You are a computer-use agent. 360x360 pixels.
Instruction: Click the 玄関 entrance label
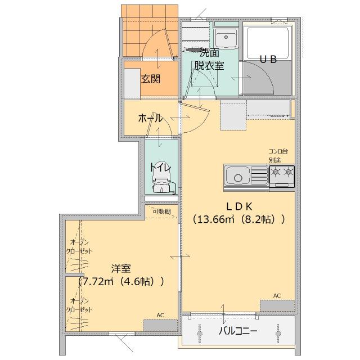pyautogui.click(x=150, y=79)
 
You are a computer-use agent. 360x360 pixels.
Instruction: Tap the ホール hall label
pyautogui.click(x=150, y=118)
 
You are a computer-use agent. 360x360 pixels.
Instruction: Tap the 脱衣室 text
pyautogui.click(x=209, y=65)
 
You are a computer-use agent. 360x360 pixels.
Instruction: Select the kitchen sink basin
pyautogui.click(x=240, y=177)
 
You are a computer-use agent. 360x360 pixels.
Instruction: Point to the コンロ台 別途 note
pyautogui.click(x=278, y=155)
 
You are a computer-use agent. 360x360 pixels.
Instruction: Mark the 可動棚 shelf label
pyautogui.click(x=161, y=211)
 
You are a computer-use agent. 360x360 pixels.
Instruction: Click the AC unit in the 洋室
pyautogui.click(x=160, y=325)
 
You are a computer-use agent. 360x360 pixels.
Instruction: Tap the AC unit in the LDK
pyautogui.click(x=277, y=305)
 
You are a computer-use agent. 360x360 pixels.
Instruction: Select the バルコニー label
pyautogui.click(x=238, y=331)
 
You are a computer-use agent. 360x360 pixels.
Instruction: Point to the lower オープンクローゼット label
pyautogui.click(x=79, y=305)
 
